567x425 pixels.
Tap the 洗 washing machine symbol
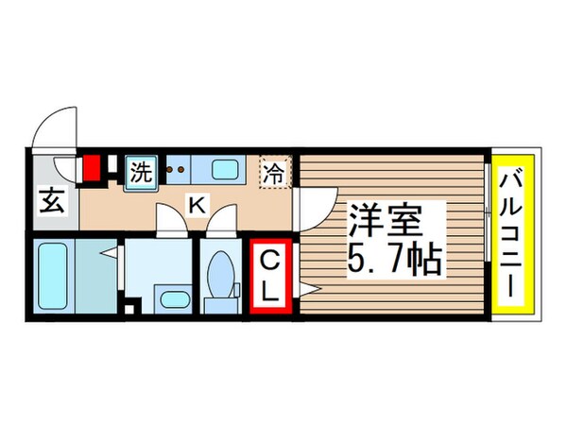click(141, 173)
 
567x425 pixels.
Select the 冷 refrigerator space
click(274, 174)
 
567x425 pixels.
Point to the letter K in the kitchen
click(198, 202)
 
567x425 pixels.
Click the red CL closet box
click(270, 276)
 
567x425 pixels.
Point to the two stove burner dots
click(175, 170)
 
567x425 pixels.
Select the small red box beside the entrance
click(92, 170)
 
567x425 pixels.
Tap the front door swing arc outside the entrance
click(55, 127)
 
